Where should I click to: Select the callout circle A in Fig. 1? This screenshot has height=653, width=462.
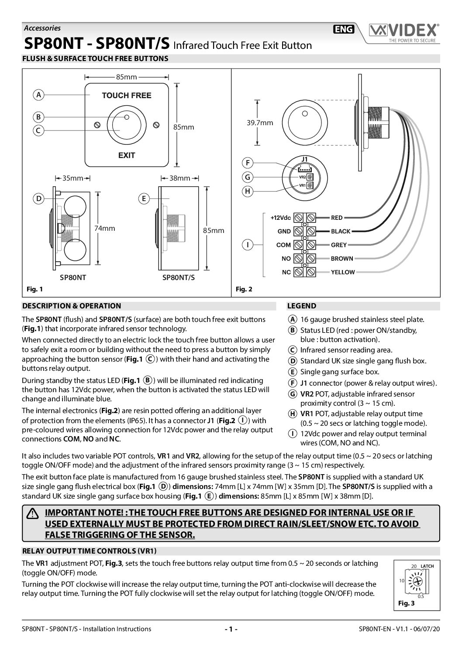[39, 94]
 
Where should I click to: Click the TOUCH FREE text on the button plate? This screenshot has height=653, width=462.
[127, 96]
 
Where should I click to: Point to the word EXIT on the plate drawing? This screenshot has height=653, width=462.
[127, 155]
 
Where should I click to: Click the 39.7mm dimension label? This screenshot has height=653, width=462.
[260, 123]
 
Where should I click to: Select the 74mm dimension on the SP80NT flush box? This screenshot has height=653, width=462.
[105, 228]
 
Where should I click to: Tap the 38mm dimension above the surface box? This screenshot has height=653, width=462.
[179, 178]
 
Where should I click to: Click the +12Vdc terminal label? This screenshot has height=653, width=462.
[280, 217]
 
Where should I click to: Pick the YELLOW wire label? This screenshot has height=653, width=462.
[343, 272]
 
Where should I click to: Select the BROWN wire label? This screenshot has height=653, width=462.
[342, 259]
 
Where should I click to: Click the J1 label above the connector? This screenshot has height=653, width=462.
[304, 159]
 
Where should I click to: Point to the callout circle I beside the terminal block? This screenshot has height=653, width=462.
[248, 245]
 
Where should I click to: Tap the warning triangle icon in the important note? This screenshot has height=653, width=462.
[32, 514]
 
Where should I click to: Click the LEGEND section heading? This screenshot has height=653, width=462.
[301, 306]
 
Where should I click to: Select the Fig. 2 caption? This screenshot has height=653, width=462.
[244, 289]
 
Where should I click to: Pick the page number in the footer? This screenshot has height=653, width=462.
[231, 629]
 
